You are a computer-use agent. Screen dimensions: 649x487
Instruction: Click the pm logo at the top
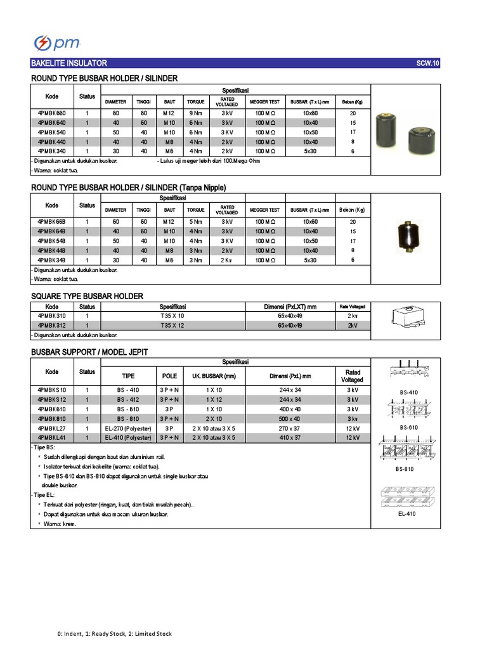click(x=56, y=42)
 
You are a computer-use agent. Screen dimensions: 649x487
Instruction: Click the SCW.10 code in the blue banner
click(x=427, y=63)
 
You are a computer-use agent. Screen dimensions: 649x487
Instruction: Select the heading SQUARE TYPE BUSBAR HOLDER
click(x=87, y=296)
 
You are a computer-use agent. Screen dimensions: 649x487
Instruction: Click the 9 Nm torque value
click(x=195, y=112)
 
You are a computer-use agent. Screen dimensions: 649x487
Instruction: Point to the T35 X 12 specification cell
click(x=172, y=325)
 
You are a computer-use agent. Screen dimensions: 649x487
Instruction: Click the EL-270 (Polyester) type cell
click(x=129, y=428)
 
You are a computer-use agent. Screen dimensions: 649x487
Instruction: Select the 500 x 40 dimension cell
click(x=290, y=419)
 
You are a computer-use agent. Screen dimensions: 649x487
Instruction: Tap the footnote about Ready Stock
click(x=114, y=634)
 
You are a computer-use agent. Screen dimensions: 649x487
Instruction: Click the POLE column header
click(x=169, y=375)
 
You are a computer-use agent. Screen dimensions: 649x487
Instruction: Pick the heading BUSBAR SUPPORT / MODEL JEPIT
click(x=89, y=351)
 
